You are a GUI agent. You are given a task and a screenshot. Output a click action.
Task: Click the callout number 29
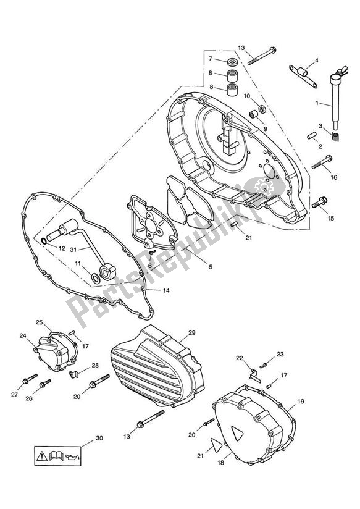pos(191,333)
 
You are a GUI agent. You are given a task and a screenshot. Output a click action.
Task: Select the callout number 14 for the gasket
pos(165,290)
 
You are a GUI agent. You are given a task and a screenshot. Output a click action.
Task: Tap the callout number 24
pos(23,336)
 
